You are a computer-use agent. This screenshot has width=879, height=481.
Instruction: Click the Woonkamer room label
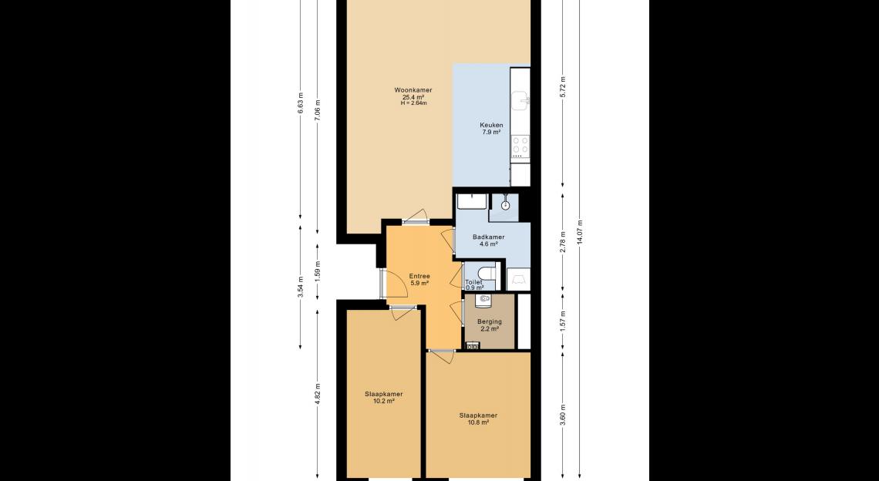[413, 90]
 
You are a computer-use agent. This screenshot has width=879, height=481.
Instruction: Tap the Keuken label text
[491, 125]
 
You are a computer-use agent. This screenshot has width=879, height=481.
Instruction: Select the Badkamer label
[488, 237]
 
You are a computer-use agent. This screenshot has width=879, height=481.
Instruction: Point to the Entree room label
[419, 276]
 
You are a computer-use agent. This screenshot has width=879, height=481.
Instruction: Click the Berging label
[490, 321]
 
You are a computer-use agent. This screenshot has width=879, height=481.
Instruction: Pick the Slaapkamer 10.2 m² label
[383, 398]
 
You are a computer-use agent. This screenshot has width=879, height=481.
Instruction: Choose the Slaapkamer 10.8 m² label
[478, 419]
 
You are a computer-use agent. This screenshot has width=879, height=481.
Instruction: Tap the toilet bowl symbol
[487, 272]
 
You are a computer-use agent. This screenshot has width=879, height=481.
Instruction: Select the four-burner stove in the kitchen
[520, 146]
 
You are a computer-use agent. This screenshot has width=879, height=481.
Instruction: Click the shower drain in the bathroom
[506, 205]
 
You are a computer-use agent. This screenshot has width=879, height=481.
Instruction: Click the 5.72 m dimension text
[564, 86]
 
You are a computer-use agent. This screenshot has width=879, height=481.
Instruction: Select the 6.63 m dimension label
[301, 103]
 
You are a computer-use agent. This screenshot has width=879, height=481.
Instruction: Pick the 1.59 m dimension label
[318, 271]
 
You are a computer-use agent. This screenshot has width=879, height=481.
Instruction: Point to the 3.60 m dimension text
[564, 414]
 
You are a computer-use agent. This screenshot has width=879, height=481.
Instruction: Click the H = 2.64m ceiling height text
[414, 103]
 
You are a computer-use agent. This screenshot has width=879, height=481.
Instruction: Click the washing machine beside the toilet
[519, 278]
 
